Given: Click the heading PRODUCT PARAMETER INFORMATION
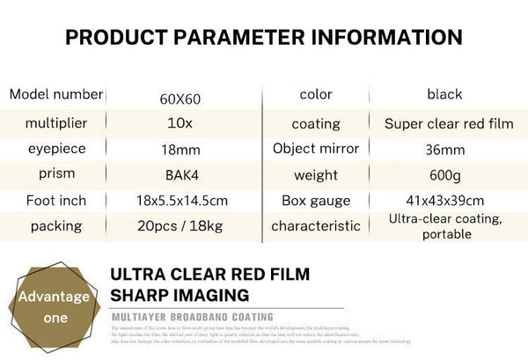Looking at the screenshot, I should [x=264, y=37].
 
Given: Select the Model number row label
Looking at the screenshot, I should [x=56, y=94].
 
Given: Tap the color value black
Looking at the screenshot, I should [x=444, y=94].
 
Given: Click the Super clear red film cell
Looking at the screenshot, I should [x=449, y=123].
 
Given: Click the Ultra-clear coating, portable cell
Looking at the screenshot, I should [x=445, y=226].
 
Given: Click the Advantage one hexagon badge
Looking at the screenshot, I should [x=55, y=305].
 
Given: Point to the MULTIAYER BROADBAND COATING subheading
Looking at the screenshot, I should [x=192, y=317].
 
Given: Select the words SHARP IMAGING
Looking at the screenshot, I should [x=180, y=295].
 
